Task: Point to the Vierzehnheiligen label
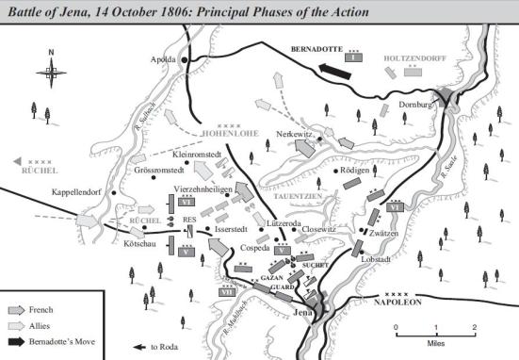[x=205, y=188]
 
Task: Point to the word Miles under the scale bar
[x=435, y=342]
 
